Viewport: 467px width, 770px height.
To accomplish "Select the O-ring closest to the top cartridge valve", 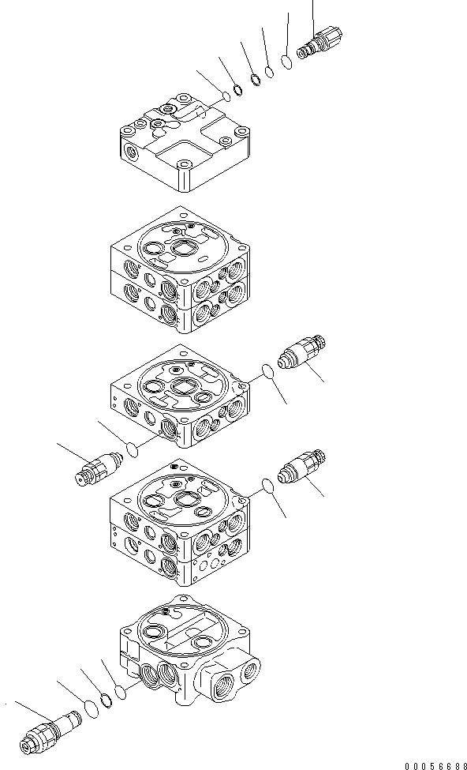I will tap(287, 61).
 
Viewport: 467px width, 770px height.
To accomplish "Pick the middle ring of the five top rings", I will tap(255, 79).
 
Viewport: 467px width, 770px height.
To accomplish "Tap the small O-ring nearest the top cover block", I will tap(225, 96).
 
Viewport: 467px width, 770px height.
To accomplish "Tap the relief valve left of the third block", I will tap(95, 467).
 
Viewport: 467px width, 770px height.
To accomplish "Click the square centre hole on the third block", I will tap(185, 388).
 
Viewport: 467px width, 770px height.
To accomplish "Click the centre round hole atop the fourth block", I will tap(186, 499).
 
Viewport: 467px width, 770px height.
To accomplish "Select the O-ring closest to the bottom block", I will tap(121, 693).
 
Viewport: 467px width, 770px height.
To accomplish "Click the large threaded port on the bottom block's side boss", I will tap(248, 670).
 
